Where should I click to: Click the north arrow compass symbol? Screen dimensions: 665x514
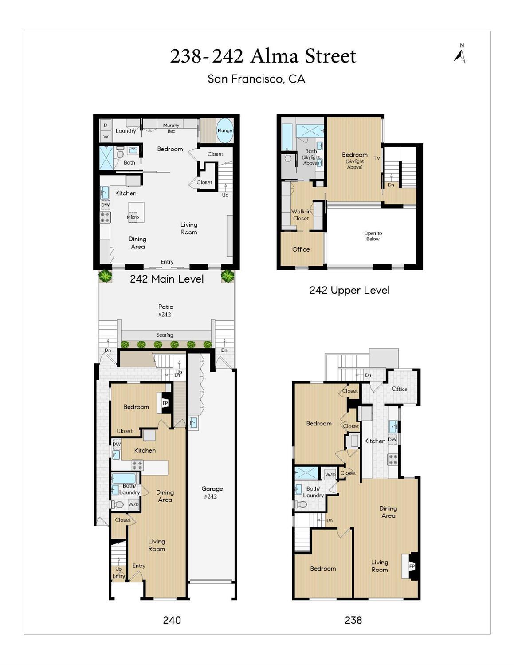[x=460, y=54]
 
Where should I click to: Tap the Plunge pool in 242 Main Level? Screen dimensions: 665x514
[x=224, y=130]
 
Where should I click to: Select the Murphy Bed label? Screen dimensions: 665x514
[x=171, y=128]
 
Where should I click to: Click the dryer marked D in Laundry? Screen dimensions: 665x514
[x=106, y=126]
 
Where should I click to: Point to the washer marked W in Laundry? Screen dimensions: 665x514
[x=106, y=137]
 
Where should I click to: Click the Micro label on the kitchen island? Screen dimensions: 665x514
[x=133, y=217]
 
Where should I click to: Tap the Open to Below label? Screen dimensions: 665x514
[x=373, y=236]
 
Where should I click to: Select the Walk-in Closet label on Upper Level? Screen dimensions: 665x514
[x=301, y=215]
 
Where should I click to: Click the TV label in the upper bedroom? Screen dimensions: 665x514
[x=377, y=158]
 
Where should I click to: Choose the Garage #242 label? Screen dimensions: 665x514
[x=212, y=492]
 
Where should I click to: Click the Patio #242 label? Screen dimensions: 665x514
[x=165, y=310]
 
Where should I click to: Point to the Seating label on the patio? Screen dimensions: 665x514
[x=165, y=335]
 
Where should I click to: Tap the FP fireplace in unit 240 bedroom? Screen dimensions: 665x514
[x=165, y=403]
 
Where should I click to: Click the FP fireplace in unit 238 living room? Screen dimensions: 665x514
[x=411, y=567]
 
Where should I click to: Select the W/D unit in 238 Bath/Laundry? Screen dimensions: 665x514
[x=330, y=475]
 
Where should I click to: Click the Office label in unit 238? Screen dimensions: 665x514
[x=399, y=389]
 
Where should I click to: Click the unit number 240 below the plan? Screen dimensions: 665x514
[x=172, y=620]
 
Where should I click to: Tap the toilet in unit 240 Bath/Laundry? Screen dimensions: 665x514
[x=118, y=504]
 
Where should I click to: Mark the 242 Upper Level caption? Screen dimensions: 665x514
[x=349, y=290]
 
